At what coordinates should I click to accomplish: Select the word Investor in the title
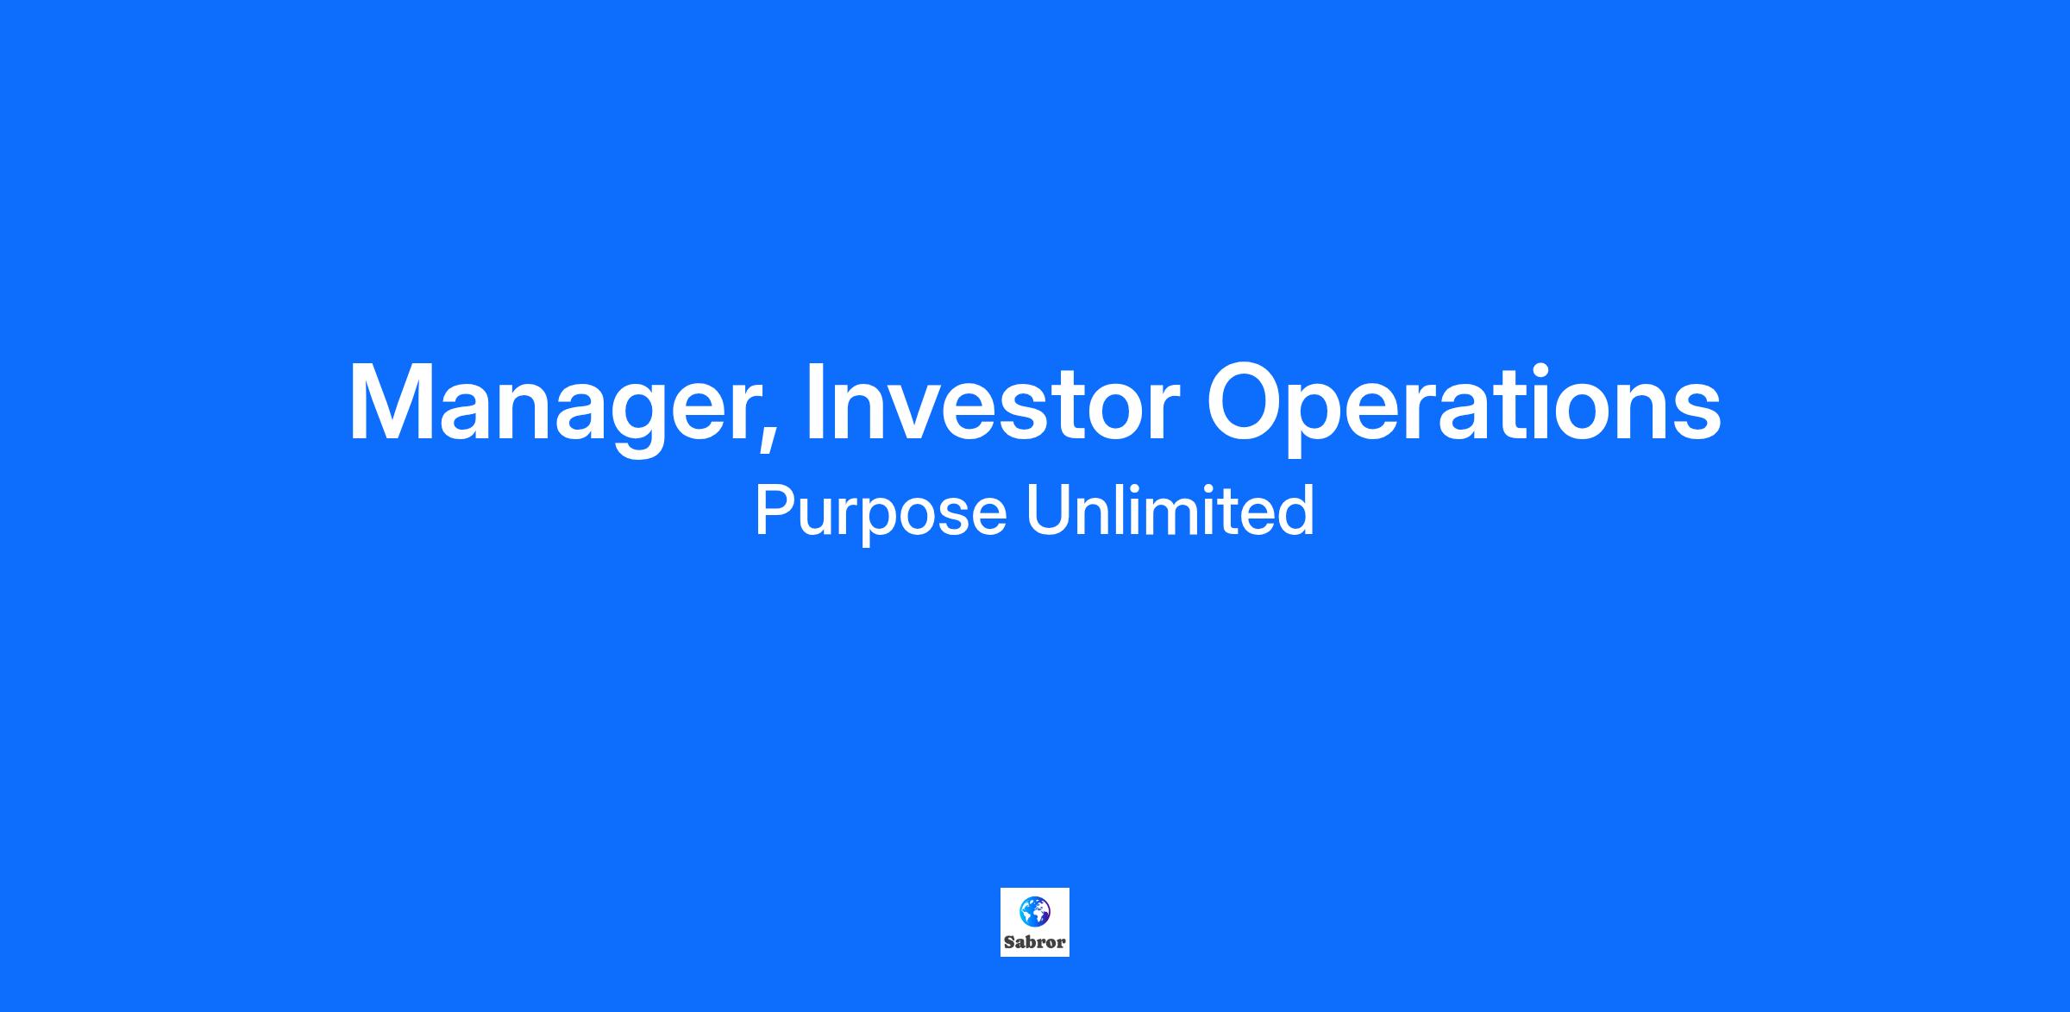coord(992,402)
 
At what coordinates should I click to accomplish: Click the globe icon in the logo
coord(1035,911)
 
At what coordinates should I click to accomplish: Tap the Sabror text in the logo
coord(1035,942)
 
